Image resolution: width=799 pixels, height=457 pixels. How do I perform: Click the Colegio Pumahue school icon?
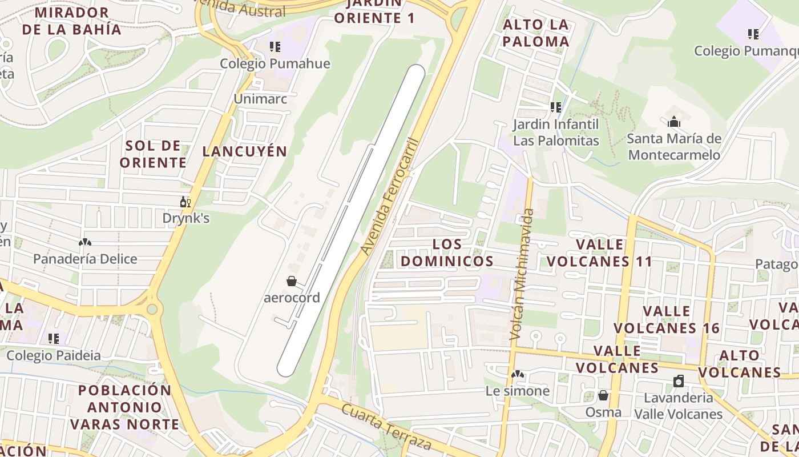click(x=275, y=47)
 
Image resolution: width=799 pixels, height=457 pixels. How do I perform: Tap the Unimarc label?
click(x=260, y=99)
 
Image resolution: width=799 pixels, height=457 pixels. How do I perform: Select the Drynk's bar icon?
click(x=185, y=202)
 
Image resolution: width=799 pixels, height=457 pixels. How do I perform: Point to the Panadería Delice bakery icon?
click(x=85, y=243)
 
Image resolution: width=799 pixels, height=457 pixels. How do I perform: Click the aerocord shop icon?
click(x=292, y=281)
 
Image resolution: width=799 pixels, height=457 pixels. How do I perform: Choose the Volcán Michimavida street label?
click(x=523, y=274)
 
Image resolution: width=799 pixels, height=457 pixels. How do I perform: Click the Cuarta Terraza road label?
click(x=386, y=426)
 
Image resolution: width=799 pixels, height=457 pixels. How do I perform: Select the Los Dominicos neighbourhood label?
click(x=447, y=252)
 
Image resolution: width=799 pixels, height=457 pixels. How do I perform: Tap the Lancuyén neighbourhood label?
click(x=245, y=151)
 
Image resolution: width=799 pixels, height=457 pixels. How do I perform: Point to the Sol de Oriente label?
click(x=153, y=154)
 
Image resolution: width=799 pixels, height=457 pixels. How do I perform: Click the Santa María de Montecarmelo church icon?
click(x=674, y=122)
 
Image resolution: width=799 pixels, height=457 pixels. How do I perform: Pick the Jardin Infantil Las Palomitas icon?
click(x=555, y=107)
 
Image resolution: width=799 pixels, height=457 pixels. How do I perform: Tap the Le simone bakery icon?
click(x=518, y=375)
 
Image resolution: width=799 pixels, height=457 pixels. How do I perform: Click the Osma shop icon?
click(x=603, y=395)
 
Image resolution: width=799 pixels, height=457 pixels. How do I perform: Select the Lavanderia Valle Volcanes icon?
click(x=679, y=381)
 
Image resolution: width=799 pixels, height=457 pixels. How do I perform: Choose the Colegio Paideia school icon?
click(x=54, y=339)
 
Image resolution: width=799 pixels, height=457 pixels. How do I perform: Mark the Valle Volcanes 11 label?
click(x=600, y=252)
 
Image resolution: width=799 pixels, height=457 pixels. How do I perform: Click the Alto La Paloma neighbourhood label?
click(x=536, y=33)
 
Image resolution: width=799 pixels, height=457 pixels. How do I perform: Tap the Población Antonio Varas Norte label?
click(x=124, y=407)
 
